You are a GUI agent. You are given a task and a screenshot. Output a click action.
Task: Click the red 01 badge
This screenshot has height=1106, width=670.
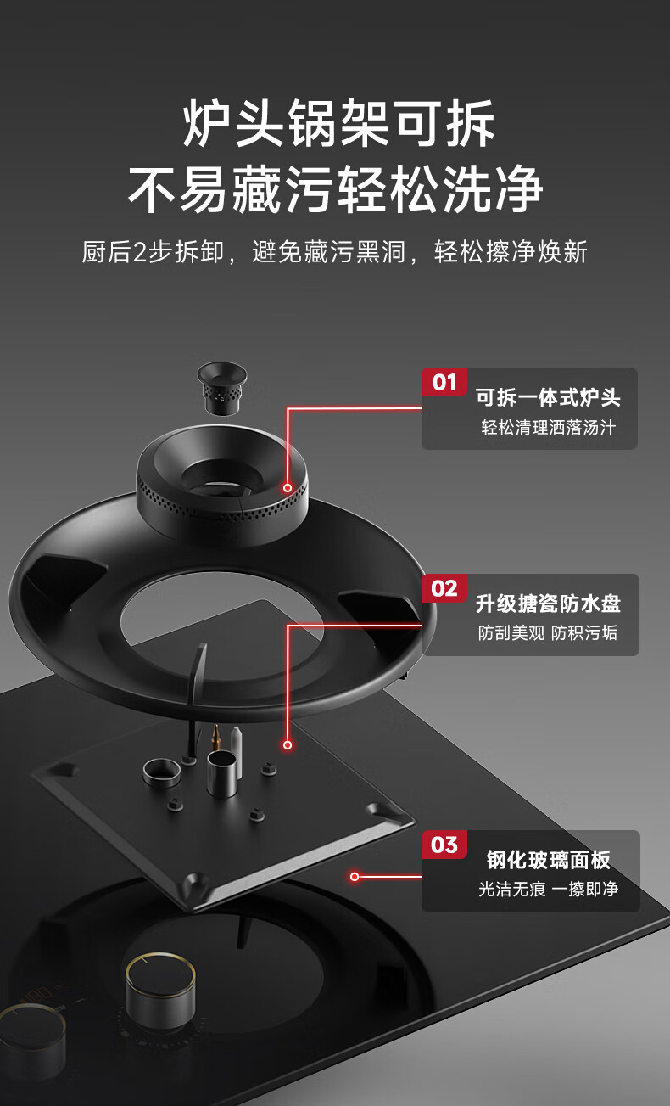pos(444,382)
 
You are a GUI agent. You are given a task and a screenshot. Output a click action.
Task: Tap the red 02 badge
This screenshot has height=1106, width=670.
pos(444,588)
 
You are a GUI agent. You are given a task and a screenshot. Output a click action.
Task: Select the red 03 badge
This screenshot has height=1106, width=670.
pos(444,845)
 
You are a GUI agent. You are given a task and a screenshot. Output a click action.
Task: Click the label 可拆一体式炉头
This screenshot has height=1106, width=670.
pos(548,397)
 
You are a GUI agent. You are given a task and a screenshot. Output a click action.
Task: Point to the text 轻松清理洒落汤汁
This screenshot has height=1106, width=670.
pos(548,427)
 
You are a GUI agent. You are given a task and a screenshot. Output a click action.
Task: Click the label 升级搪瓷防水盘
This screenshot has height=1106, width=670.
pos(548,604)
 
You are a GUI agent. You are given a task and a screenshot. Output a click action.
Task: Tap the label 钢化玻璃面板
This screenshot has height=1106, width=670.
pos(549,860)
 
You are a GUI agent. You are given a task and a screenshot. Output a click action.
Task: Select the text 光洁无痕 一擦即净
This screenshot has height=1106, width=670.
pos(548,890)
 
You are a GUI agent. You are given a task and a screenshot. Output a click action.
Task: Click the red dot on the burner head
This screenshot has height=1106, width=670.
pos(288,488)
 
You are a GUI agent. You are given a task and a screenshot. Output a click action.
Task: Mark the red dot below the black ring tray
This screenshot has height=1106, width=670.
pos(288,744)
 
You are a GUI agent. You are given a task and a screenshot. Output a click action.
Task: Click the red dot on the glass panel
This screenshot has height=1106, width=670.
pos(355,877)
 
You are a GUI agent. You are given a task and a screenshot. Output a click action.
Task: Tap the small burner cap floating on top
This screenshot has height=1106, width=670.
pos(222,388)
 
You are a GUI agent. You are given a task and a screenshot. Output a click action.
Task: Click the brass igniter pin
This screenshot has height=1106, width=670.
pos(215,738)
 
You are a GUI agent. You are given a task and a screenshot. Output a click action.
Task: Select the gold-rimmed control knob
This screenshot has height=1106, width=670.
pos(159,987)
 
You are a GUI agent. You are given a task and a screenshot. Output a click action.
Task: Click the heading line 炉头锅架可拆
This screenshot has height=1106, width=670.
pos(338,122)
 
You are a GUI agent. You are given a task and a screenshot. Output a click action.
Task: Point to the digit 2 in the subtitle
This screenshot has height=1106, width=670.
pos(141,252)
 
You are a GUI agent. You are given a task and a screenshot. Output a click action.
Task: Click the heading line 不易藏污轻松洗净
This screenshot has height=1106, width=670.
pos(336,189)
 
